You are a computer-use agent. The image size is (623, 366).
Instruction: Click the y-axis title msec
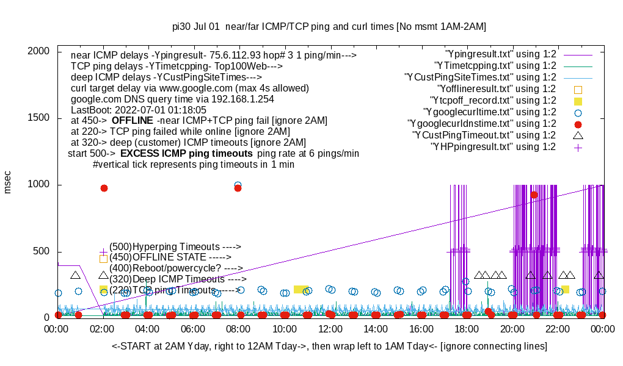point(8,182)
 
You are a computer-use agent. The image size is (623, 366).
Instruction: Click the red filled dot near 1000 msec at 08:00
point(238,188)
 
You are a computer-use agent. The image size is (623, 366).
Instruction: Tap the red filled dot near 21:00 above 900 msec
point(534,195)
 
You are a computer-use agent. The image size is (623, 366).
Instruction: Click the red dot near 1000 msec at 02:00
point(104,188)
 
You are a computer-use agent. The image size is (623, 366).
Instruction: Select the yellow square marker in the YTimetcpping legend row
point(578,101)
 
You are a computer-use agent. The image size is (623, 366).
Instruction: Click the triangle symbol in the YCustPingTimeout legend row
point(578,135)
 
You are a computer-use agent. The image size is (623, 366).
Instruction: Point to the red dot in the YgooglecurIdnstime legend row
point(578,124)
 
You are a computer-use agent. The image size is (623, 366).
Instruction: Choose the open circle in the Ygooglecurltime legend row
point(578,112)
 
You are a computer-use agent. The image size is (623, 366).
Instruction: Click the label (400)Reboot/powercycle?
point(176,268)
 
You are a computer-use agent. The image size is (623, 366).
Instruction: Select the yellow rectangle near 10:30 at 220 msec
point(301,289)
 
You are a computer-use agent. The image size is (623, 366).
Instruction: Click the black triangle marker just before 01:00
point(75,276)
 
